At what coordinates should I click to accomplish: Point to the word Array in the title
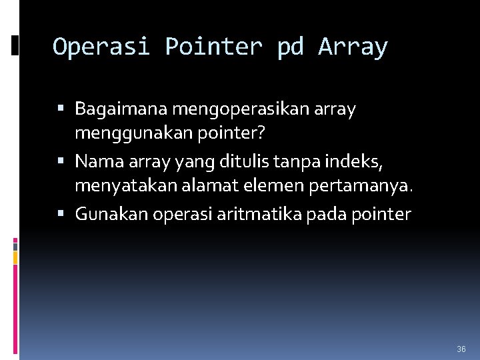tap(353, 47)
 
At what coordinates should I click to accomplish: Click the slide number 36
tap(461, 349)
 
